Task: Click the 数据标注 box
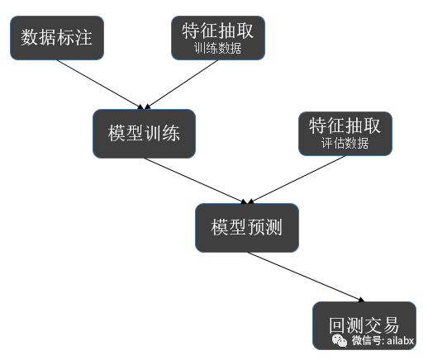[x=56, y=37]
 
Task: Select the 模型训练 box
[x=144, y=134]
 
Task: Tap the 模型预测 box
[x=246, y=227]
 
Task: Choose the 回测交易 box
[x=364, y=324]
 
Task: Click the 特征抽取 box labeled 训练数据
[x=218, y=37]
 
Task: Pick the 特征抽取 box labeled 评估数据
[x=345, y=132]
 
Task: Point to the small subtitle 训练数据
[x=218, y=48]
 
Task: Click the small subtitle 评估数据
[x=345, y=143]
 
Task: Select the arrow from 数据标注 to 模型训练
[x=99, y=83]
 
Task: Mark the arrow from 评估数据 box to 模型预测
[x=297, y=178]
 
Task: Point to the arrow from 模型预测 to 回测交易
[x=306, y=276]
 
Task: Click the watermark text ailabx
[x=400, y=340]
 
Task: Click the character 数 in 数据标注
[x=30, y=37]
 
